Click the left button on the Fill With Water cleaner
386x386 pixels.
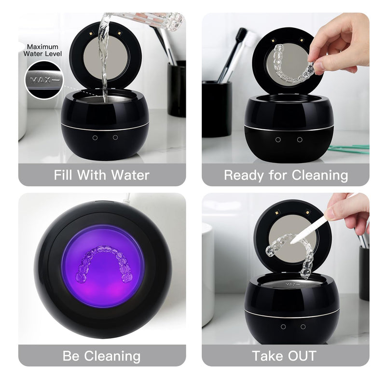click(x=95, y=138)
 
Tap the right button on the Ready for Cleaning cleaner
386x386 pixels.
click(x=300, y=140)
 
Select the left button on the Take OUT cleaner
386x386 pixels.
click(x=283, y=327)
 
